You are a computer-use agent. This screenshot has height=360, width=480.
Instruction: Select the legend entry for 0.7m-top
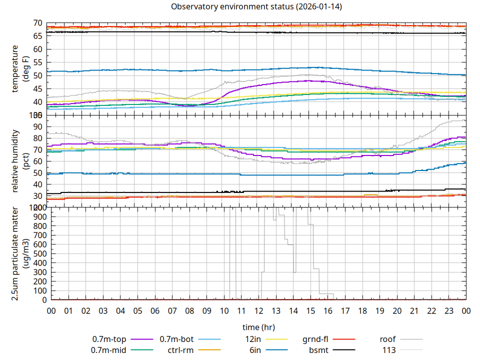pos(109,339)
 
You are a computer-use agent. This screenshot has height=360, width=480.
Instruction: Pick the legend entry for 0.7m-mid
pos(108,350)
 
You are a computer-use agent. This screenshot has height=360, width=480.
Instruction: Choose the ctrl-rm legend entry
pos(180,350)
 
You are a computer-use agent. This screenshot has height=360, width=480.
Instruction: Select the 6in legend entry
pos(255,350)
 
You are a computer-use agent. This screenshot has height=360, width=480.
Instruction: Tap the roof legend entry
pos(387,339)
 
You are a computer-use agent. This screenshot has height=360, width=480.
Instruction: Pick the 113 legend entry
pos(389,350)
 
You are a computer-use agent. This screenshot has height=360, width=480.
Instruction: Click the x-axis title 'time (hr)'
pos(258,327)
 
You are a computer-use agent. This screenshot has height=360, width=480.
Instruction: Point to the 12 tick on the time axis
pos(258,311)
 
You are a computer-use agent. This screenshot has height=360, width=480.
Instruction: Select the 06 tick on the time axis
pos(155,311)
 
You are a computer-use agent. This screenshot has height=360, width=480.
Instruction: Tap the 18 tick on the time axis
pos(362,311)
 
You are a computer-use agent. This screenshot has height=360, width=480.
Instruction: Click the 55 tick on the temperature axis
pos(37,62)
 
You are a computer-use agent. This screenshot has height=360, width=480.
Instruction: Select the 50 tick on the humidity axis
pos(37,173)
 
